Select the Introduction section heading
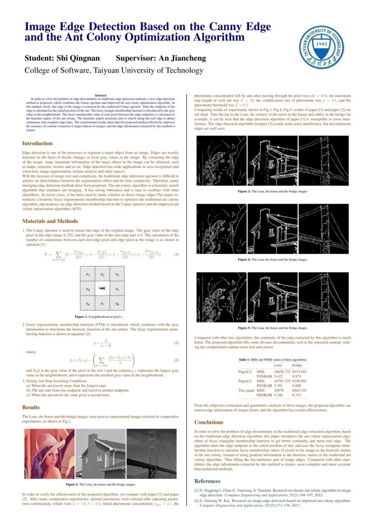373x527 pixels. [37, 143]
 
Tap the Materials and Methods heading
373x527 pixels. [50, 221]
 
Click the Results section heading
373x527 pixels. [31, 407]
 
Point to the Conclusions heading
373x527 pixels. [209, 422]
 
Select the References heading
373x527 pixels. [207, 481]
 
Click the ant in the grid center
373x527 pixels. [102, 288]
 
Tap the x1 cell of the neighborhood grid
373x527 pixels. [88, 275]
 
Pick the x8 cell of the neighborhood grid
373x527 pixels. [117, 304]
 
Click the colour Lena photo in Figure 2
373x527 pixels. [49, 454]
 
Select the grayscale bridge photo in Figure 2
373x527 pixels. [151, 454]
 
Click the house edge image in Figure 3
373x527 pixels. [272, 161]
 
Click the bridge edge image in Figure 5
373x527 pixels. [323, 297]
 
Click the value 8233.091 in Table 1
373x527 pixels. [299, 372]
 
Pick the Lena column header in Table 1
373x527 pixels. [278, 365]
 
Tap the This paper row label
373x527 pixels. [246, 390]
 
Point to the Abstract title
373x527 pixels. [101, 96]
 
